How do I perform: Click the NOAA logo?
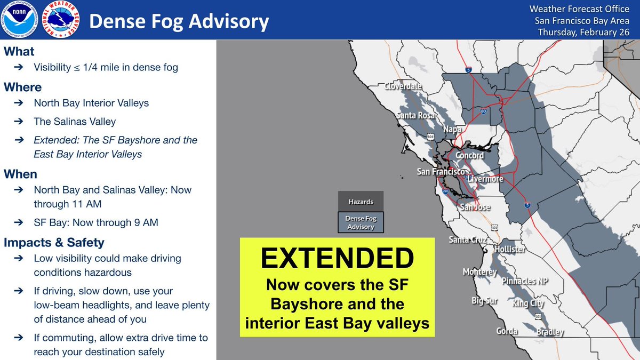point(19,19)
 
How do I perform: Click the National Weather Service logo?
point(61,19)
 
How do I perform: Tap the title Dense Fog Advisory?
point(179,21)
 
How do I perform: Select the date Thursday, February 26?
point(583,32)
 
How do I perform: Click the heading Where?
point(22,87)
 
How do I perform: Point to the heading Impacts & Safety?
point(54,242)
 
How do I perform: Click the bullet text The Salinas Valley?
point(75,122)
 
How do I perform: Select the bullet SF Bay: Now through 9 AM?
point(96,222)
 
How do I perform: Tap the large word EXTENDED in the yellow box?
point(337,258)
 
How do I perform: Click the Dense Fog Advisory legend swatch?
point(361,222)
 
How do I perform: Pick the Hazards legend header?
point(361,202)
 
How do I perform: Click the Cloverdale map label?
point(403,86)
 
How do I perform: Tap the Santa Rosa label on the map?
point(415,115)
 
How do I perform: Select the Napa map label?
point(452,130)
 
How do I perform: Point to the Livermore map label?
point(485,179)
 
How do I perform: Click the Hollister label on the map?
point(510,249)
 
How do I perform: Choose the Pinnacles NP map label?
point(525,281)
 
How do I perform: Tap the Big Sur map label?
point(485,301)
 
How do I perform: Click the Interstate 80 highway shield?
point(483,111)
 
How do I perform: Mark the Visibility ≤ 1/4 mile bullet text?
point(106,67)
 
